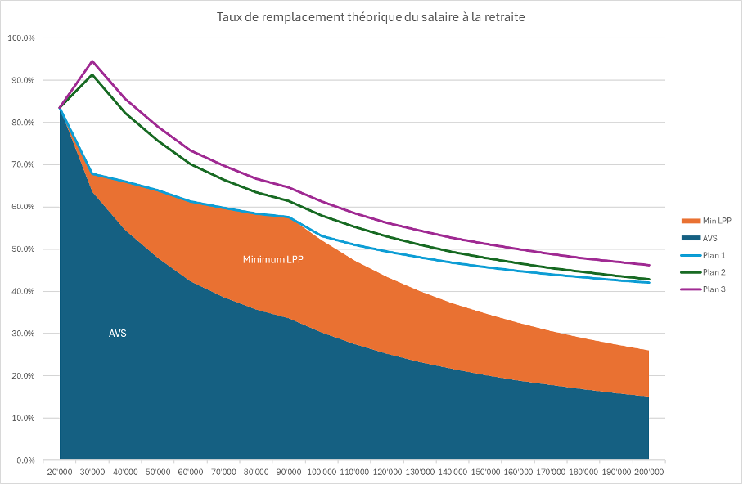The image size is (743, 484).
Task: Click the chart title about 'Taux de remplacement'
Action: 371,17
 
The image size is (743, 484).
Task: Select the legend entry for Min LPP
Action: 709,221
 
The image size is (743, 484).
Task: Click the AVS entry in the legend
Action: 705,238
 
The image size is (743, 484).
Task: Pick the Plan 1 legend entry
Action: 709,255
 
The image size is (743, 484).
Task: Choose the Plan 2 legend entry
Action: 709,272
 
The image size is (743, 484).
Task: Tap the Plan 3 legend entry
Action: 709,289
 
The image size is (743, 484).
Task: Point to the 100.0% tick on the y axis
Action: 21,38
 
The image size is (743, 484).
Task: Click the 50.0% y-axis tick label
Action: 23,249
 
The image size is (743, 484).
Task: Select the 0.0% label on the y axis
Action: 25,460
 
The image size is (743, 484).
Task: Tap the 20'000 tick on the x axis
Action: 60,472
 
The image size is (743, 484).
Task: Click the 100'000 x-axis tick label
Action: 322,472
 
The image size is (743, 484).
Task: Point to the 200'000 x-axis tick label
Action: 649,472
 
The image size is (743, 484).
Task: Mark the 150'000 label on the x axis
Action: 485,472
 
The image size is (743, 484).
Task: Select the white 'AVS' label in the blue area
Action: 118,334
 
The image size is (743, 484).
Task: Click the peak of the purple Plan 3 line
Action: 92,60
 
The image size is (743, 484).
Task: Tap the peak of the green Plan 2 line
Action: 92,74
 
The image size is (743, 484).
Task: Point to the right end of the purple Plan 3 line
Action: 649,265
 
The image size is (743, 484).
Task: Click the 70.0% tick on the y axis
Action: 23,165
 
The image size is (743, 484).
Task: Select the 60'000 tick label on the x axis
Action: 191,472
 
